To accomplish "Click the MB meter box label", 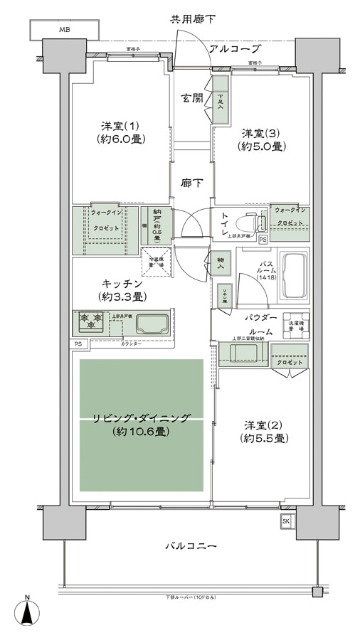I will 64,31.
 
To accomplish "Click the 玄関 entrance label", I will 190,99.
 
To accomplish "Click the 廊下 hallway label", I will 190,183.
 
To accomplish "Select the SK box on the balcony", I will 286,522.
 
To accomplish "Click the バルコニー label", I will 191,545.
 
